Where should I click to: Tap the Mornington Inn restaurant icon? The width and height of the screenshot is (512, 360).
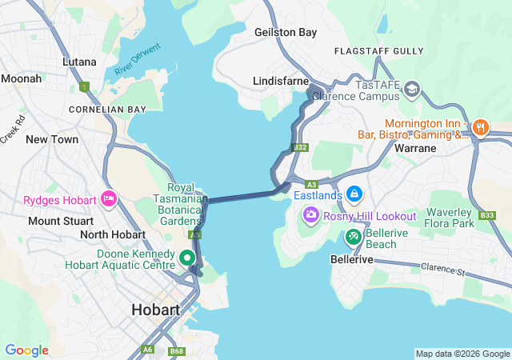coord(480,126)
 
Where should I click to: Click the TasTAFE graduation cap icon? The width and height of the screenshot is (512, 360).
coord(413,88)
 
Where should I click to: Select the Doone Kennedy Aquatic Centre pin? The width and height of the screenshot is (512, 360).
coord(186,258)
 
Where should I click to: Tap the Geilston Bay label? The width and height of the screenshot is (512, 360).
coord(286,33)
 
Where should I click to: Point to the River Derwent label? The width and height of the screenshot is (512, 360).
coord(138,59)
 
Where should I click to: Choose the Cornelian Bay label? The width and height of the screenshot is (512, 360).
coord(107,109)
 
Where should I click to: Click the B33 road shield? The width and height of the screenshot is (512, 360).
coord(486,215)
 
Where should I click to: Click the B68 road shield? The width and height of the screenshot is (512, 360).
coord(177,351)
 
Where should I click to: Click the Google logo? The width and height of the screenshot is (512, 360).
coord(26,350)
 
